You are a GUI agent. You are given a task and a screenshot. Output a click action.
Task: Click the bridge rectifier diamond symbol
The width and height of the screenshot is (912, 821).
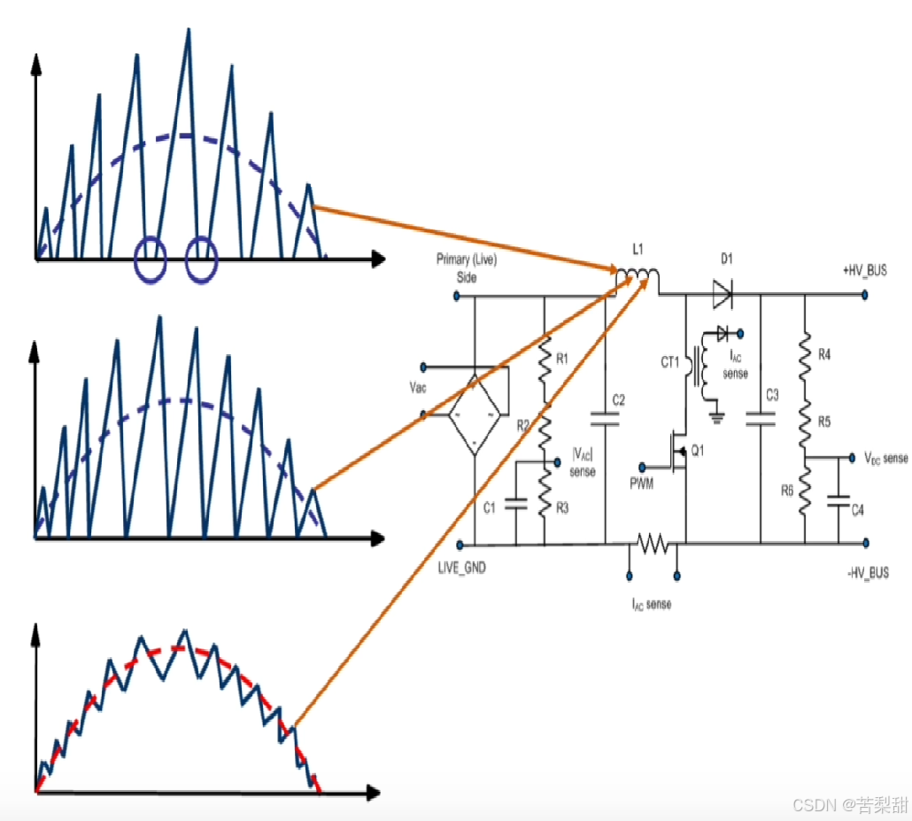[475, 414]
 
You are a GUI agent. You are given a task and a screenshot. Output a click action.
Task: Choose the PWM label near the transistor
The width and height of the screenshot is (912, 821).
[642, 482]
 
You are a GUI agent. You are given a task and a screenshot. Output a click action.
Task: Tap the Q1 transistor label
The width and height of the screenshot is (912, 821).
[698, 452]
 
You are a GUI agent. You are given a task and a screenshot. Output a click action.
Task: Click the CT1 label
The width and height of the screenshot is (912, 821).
[669, 361]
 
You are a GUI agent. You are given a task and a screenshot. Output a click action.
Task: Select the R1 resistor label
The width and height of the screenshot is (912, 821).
[563, 359]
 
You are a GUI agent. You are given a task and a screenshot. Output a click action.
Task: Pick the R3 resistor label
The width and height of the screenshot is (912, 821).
[563, 507]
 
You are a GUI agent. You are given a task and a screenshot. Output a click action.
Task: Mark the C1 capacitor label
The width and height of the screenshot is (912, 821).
[491, 506]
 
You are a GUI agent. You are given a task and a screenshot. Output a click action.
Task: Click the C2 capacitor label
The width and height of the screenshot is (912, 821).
[619, 401]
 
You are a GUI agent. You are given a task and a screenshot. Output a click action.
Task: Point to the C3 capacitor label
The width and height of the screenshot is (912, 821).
[772, 395]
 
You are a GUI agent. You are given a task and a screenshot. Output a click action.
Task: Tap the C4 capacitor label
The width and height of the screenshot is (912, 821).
[857, 509]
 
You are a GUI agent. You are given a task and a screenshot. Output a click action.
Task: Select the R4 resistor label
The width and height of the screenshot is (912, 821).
[823, 354]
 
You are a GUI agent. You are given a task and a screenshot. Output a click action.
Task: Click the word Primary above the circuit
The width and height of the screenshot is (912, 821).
[453, 259]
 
